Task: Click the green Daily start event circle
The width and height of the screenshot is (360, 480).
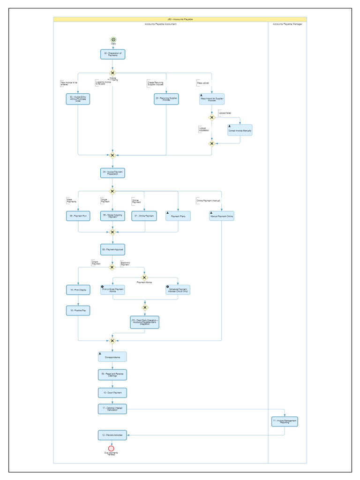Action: [x=113, y=40]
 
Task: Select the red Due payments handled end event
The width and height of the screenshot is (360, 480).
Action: [x=112, y=449]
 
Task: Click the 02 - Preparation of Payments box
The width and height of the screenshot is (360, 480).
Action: [x=112, y=54]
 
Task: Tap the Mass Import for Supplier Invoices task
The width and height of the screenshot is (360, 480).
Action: [x=212, y=99]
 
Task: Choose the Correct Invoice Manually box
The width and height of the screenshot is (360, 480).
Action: [x=240, y=130]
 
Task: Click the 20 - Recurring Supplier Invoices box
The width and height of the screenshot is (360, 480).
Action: [x=166, y=99]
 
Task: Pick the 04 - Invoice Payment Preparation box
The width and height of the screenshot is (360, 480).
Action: [x=112, y=173]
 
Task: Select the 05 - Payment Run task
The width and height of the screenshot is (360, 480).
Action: [x=78, y=216]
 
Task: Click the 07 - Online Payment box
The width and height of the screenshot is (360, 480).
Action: [x=144, y=216]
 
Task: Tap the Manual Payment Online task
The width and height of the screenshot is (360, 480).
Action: [x=221, y=216]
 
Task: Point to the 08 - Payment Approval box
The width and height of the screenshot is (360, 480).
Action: [x=112, y=249]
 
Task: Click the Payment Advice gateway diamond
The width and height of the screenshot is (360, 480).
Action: [x=144, y=277]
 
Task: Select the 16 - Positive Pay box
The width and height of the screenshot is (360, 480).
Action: [x=78, y=310]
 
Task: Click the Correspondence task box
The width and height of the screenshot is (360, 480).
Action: [x=112, y=357]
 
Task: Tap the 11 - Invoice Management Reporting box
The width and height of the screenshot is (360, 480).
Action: [x=285, y=421]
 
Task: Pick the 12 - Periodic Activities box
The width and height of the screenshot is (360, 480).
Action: [x=112, y=435]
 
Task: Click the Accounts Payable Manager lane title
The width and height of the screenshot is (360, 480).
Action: [x=287, y=24]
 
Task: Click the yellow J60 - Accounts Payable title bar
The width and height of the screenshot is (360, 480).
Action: [x=180, y=19]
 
